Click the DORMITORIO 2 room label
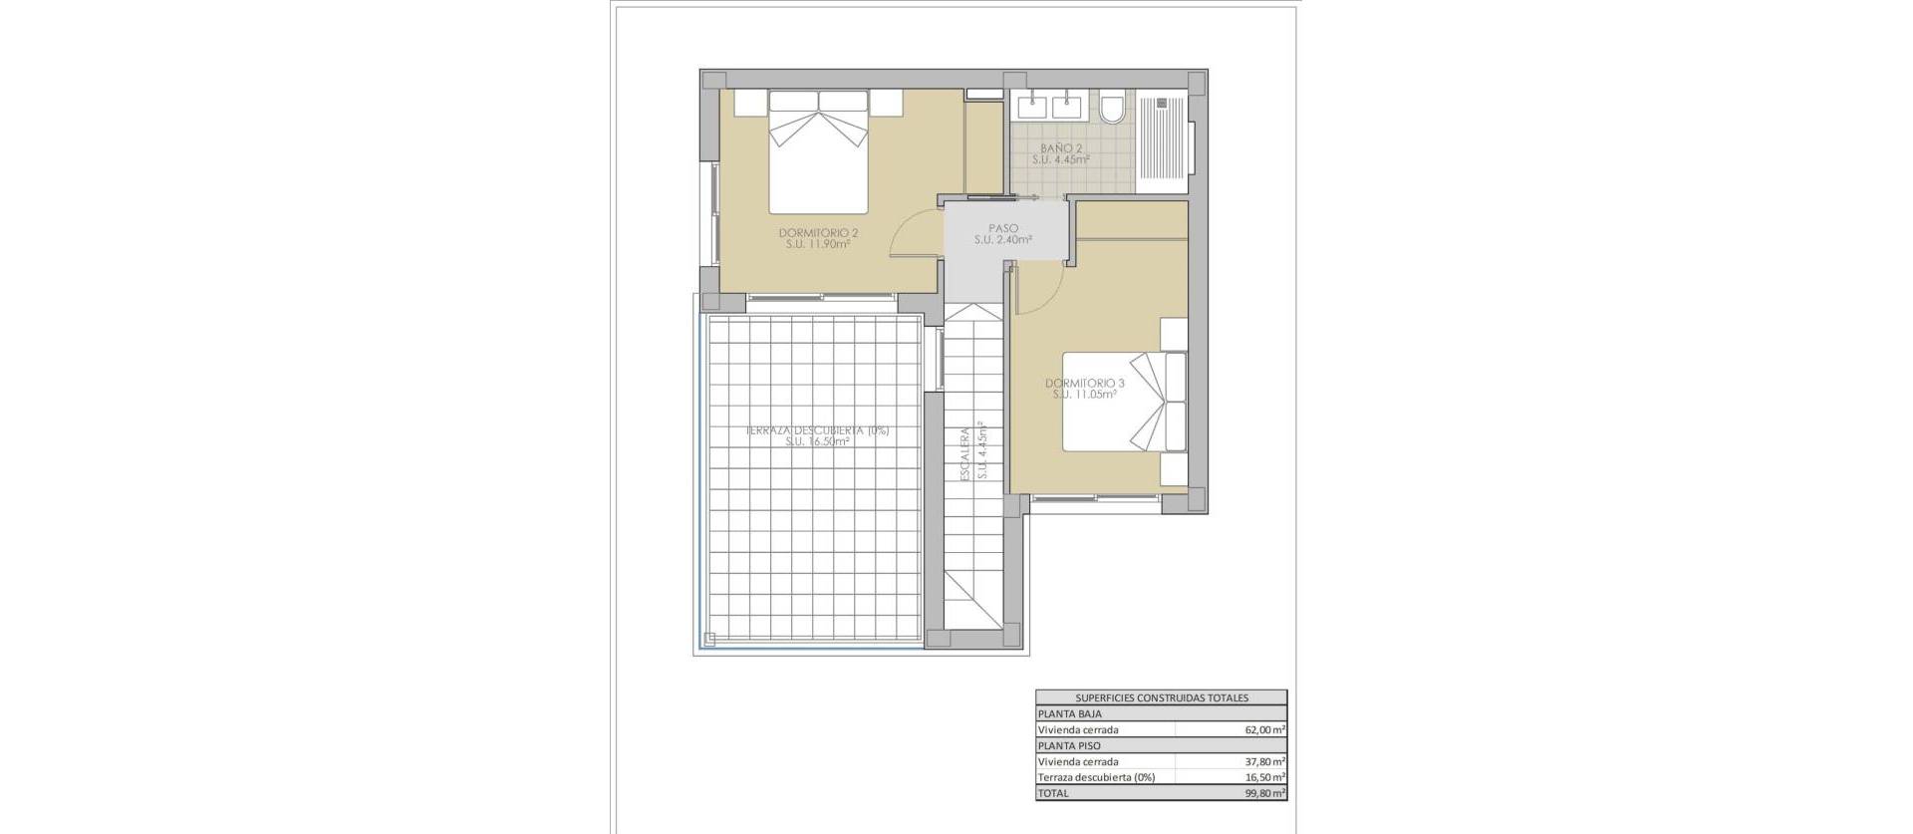[818, 233]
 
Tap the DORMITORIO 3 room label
[1084, 384]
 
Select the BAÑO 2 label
[1059, 147]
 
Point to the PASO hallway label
[1002, 228]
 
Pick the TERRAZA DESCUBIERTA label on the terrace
[817, 431]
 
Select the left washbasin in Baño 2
[1031, 103]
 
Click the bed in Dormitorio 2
[818, 159]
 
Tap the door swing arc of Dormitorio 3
[1036, 294]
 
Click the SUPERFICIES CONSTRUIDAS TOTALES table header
[1161, 697]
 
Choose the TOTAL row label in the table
[1053, 793]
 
